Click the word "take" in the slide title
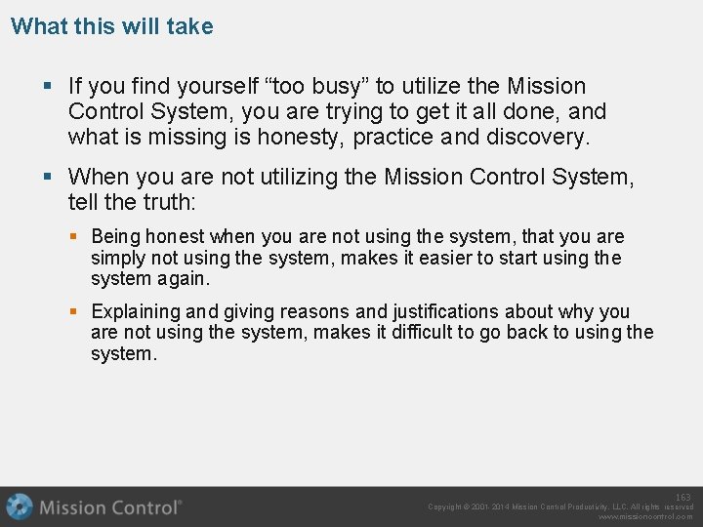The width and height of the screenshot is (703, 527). [189, 26]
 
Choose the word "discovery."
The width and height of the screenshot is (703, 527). [536, 138]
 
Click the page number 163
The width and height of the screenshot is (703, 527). [683, 498]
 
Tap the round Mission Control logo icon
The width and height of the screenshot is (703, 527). [20, 507]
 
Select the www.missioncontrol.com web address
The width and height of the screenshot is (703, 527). [645, 517]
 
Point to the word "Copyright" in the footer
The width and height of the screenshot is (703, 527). [446, 507]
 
